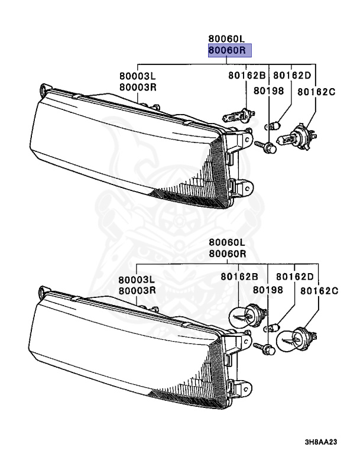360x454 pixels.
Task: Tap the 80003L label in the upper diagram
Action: point(137,76)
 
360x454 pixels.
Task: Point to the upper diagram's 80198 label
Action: point(269,90)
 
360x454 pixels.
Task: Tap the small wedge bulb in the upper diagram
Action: point(273,125)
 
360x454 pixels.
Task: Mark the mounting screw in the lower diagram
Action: point(264,348)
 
